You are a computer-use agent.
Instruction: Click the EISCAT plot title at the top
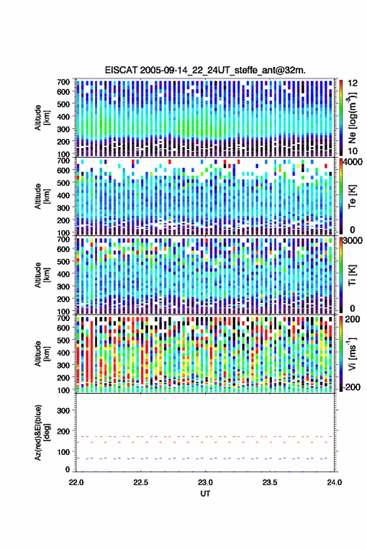205,70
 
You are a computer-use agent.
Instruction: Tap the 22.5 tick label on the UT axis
141,482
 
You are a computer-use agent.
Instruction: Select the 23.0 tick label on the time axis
205,482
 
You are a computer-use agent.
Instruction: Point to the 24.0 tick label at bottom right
334,482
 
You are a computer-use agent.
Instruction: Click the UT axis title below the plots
205,494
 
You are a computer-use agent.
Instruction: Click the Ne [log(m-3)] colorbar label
352,118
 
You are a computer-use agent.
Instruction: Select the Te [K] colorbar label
352,196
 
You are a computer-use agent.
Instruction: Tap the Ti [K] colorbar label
352,275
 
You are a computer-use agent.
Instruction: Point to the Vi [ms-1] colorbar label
352,354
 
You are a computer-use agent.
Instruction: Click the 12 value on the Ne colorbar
353,83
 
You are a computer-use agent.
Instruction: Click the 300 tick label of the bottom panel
63,410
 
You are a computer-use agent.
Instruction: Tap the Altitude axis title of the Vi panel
41,354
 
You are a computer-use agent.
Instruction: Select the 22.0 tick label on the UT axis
76,482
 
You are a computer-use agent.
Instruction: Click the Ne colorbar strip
341,118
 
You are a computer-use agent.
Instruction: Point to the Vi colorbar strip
341,354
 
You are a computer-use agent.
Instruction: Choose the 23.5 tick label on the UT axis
269,482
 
